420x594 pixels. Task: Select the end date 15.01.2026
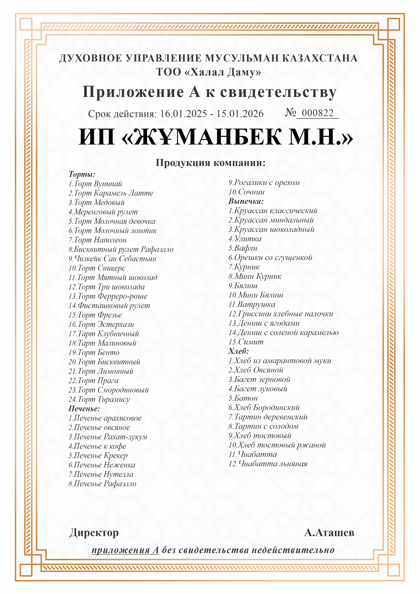240,114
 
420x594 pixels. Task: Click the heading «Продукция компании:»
211,163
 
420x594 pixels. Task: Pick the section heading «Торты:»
82,174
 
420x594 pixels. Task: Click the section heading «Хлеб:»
238,351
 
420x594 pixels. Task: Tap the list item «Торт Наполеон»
97,240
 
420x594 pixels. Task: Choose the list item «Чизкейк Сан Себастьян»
113,259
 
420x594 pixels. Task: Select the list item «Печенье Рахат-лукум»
108,437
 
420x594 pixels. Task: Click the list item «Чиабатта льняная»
268,464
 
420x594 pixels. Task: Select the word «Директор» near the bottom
94,533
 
